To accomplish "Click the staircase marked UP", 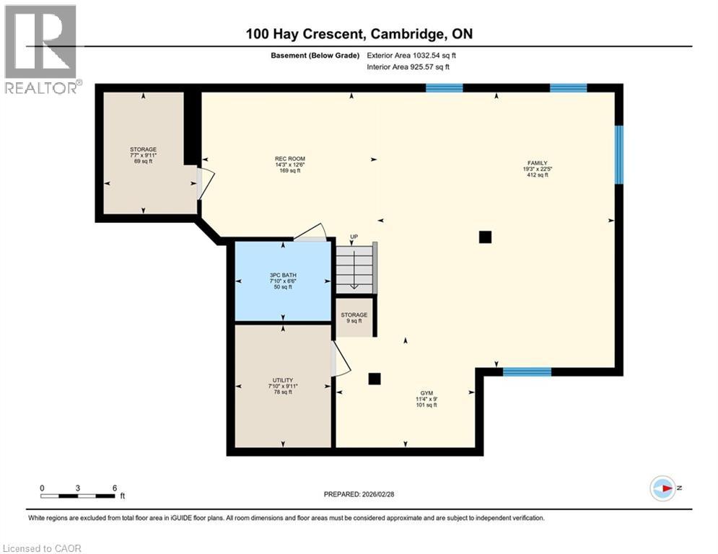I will (354, 266).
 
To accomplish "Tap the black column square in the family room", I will (485, 237).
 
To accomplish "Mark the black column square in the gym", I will (375, 378).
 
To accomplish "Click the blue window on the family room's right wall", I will (618, 154).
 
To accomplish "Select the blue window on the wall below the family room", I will (527, 372).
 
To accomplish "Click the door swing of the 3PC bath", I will (312, 232).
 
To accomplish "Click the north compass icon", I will (662, 488).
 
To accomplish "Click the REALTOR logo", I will (41, 49).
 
